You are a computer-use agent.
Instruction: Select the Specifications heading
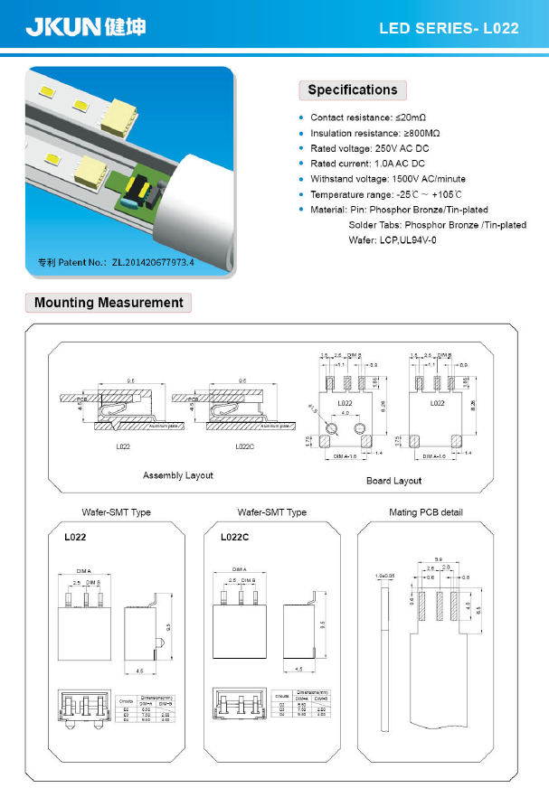click(x=352, y=90)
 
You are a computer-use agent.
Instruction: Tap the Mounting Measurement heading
click(x=109, y=303)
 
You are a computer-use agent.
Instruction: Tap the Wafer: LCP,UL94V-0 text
click(x=393, y=239)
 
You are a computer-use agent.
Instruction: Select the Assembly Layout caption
click(x=178, y=475)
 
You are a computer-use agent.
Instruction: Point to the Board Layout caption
click(x=393, y=481)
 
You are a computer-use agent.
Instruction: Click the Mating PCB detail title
click(x=425, y=512)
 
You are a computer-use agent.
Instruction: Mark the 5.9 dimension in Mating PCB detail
click(x=438, y=558)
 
